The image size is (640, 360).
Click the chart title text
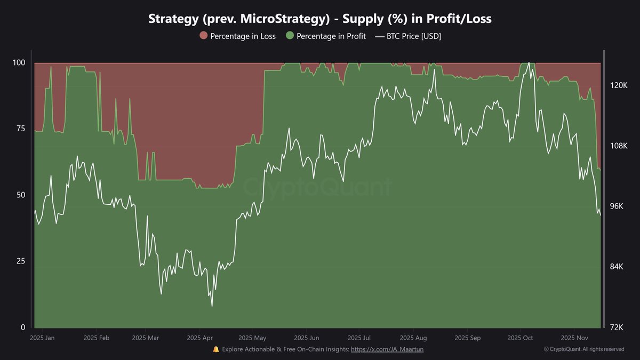[320, 19]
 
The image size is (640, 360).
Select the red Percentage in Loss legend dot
[203, 36]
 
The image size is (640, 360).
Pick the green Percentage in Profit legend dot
[290, 36]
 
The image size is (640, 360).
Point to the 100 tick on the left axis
[19, 63]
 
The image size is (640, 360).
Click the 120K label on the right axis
[619, 85]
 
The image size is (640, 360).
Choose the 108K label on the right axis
[619, 146]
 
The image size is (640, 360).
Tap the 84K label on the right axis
[619, 267]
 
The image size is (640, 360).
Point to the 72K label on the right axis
[619, 327]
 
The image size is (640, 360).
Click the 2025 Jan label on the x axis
[42, 338]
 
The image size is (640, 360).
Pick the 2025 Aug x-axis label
[413, 338]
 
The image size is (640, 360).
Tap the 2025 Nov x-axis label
[574, 338]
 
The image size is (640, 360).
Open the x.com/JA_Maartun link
[387, 349]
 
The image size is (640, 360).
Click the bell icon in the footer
[216, 349]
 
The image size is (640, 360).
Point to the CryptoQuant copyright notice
[584, 349]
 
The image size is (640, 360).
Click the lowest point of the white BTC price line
[212, 306]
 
